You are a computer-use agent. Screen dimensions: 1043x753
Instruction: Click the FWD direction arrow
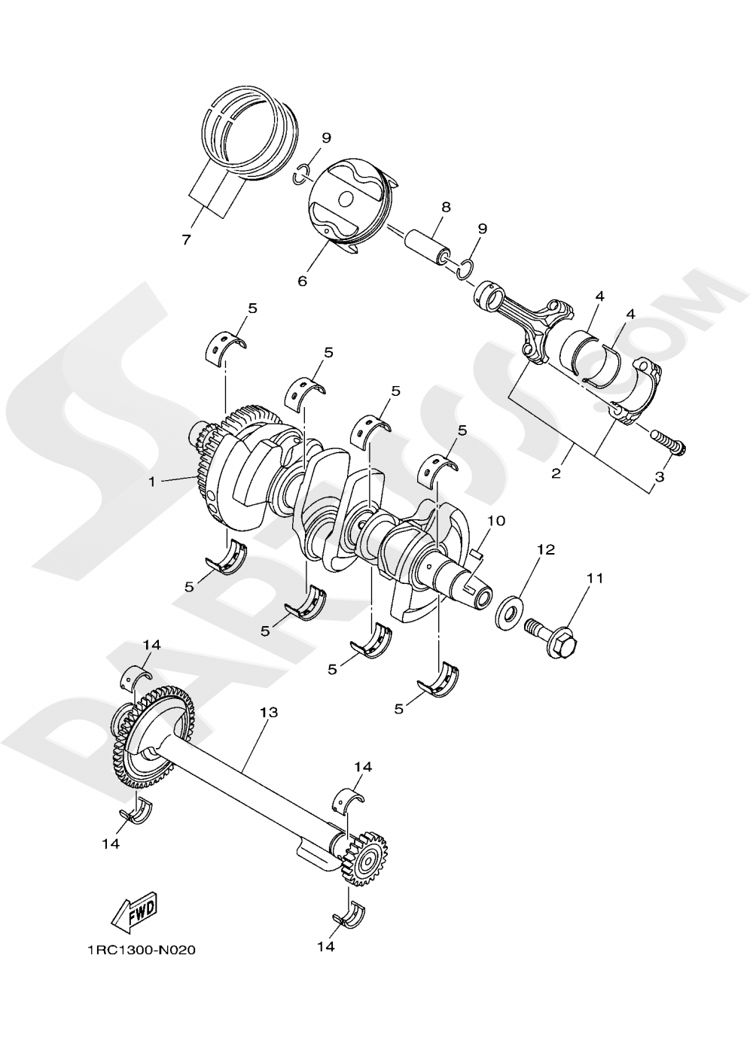coord(133,913)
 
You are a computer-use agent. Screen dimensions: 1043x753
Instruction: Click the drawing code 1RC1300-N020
coord(140,950)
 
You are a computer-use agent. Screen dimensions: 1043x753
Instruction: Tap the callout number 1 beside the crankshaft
coord(152,482)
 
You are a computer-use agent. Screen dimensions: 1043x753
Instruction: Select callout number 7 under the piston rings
coord(186,240)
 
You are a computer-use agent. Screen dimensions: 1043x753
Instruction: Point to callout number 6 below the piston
coord(302,281)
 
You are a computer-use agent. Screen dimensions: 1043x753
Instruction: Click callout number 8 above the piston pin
coord(446,206)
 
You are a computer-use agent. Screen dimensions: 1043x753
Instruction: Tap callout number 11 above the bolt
coord(595,579)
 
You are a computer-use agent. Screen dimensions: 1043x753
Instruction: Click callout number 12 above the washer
coord(545,550)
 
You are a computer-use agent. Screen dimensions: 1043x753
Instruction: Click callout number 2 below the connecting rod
coord(556,473)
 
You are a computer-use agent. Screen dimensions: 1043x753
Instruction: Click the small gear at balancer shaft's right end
coord(367,857)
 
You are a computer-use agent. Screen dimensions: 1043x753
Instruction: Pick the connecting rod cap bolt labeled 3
coord(669,442)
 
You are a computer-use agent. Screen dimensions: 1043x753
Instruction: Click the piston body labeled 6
coord(348,201)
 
